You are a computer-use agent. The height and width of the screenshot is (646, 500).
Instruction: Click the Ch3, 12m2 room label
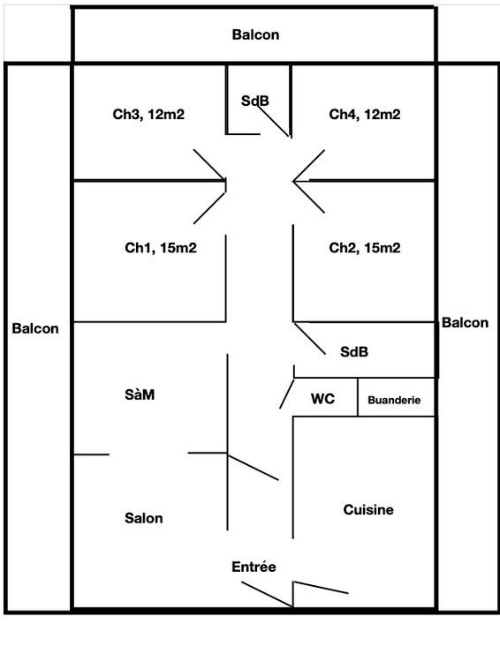click(148, 114)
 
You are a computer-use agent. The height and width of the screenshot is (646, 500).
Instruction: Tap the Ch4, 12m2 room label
click(365, 114)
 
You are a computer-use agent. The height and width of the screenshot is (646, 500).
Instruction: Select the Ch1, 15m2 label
click(161, 248)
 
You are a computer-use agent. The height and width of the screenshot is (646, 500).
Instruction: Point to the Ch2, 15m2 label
click(365, 248)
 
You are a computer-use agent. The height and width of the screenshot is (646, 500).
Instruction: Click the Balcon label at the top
click(256, 34)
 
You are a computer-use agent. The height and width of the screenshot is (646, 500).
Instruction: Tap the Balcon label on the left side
click(35, 328)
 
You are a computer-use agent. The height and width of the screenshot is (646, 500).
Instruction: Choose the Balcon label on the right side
click(465, 323)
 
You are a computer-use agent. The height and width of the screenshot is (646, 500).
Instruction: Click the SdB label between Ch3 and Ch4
click(255, 101)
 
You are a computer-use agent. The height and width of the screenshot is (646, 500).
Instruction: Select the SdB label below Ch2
click(354, 352)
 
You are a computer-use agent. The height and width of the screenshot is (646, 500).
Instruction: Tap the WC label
click(322, 399)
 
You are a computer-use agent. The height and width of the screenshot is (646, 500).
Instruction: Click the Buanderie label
click(394, 400)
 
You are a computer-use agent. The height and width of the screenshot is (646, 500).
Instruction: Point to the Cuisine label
click(368, 509)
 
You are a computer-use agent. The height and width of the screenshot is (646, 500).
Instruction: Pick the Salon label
click(144, 518)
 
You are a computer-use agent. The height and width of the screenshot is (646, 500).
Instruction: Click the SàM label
click(140, 394)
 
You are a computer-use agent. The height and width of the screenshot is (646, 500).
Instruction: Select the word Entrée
click(254, 567)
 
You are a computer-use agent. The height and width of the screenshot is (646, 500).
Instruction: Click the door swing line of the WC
click(287, 394)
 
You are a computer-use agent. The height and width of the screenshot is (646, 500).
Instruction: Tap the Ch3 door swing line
click(209, 165)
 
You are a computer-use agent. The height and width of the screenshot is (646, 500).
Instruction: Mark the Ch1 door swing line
click(209, 208)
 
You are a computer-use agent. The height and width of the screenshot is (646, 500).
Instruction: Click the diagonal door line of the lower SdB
click(309, 339)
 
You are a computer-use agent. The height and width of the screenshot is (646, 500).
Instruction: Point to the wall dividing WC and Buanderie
click(357, 397)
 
